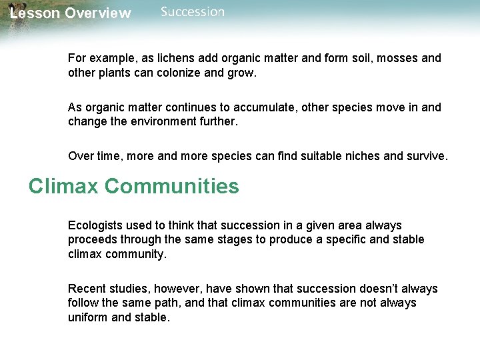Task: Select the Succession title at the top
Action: (193, 12)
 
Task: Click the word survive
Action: (426, 156)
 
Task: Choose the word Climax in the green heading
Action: (63, 186)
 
